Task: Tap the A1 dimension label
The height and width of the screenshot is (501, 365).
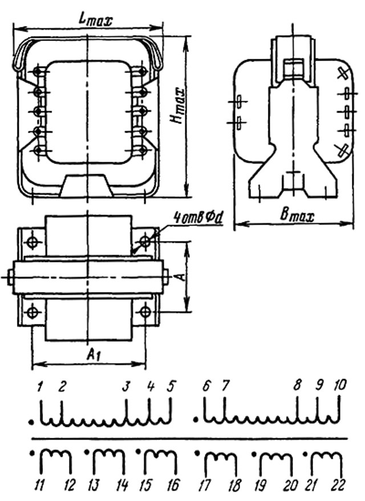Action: (91, 355)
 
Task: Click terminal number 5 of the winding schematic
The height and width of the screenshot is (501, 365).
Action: (170, 387)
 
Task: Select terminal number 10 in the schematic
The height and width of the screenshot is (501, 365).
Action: (339, 386)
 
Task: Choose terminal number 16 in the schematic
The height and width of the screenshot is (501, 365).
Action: (172, 485)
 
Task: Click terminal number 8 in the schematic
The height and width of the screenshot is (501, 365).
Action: (297, 386)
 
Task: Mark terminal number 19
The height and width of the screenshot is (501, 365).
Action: (262, 485)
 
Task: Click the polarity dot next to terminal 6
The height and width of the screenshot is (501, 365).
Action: (196, 422)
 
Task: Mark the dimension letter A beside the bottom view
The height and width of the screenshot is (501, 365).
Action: (179, 277)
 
